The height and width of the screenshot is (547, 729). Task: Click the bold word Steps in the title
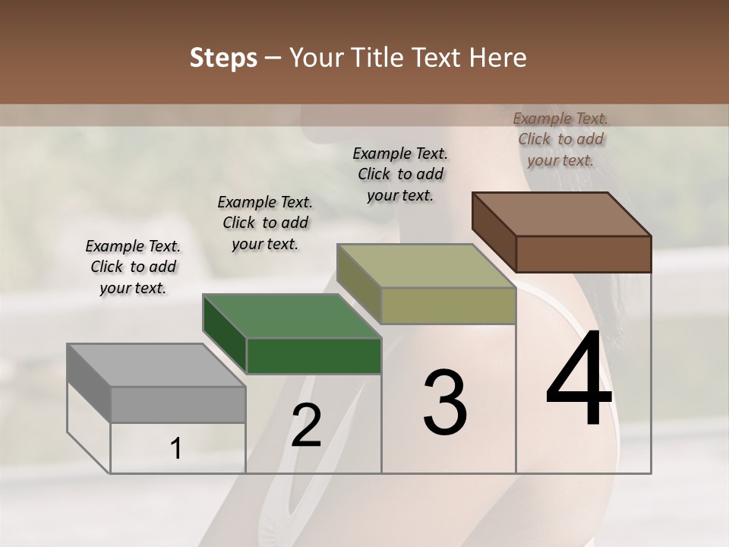click(x=222, y=58)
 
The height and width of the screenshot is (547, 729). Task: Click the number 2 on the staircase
click(x=306, y=425)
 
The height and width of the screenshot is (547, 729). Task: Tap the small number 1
click(x=176, y=449)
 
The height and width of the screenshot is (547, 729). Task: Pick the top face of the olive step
click(x=426, y=266)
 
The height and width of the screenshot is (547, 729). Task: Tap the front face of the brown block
click(x=583, y=254)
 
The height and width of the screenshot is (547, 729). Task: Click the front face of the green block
click(x=314, y=356)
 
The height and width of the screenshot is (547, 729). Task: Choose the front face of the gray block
click(x=178, y=404)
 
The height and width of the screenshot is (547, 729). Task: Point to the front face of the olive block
click(x=448, y=305)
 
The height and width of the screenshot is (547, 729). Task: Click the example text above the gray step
click(x=133, y=267)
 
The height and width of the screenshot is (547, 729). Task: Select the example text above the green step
click(x=265, y=223)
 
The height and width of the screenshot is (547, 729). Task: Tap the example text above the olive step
click(x=400, y=174)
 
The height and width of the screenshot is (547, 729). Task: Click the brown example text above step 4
click(x=560, y=139)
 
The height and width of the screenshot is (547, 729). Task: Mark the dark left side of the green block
click(x=225, y=334)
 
